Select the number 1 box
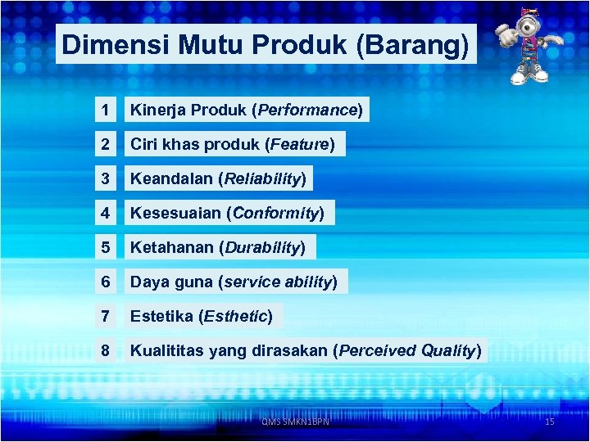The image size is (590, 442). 105,110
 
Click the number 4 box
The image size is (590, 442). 105,214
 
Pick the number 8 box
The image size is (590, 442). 105,351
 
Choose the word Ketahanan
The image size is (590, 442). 168,247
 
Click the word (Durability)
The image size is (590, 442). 262,247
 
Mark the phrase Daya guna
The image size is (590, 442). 170,282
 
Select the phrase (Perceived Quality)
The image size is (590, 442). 407,351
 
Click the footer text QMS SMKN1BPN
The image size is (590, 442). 295,422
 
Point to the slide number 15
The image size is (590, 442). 549,422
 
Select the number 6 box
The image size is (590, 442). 105,282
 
